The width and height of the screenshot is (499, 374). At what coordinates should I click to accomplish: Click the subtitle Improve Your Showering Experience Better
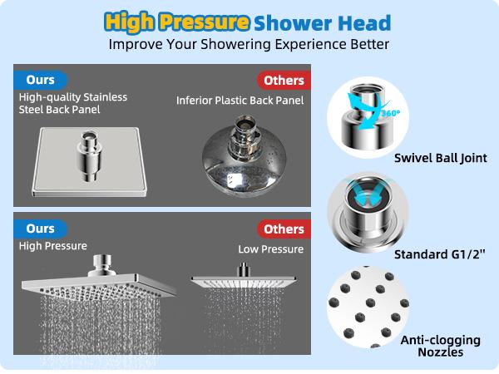click(249, 43)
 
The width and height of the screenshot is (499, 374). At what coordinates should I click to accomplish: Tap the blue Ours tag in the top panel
click(40, 80)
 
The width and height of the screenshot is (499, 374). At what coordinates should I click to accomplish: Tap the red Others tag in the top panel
click(282, 81)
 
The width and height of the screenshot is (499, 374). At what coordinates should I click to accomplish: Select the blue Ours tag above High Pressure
click(40, 229)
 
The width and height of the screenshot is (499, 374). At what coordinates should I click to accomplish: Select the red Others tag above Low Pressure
click(282, 229)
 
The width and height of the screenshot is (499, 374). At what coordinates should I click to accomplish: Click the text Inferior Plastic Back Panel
click(240, 101)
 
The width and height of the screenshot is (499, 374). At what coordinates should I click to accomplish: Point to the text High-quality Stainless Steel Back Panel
click(73, 104)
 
